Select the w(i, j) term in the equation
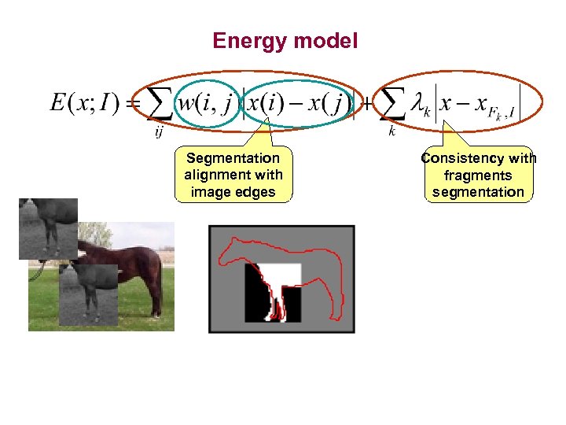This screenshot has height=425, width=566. point(204,104)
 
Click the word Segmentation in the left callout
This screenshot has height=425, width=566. point(233,158)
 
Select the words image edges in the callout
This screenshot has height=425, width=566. point(233,191)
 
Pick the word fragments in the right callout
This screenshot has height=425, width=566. point(478,176)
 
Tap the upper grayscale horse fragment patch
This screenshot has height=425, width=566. point(48,228)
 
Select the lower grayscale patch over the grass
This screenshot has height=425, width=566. point(88,293)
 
